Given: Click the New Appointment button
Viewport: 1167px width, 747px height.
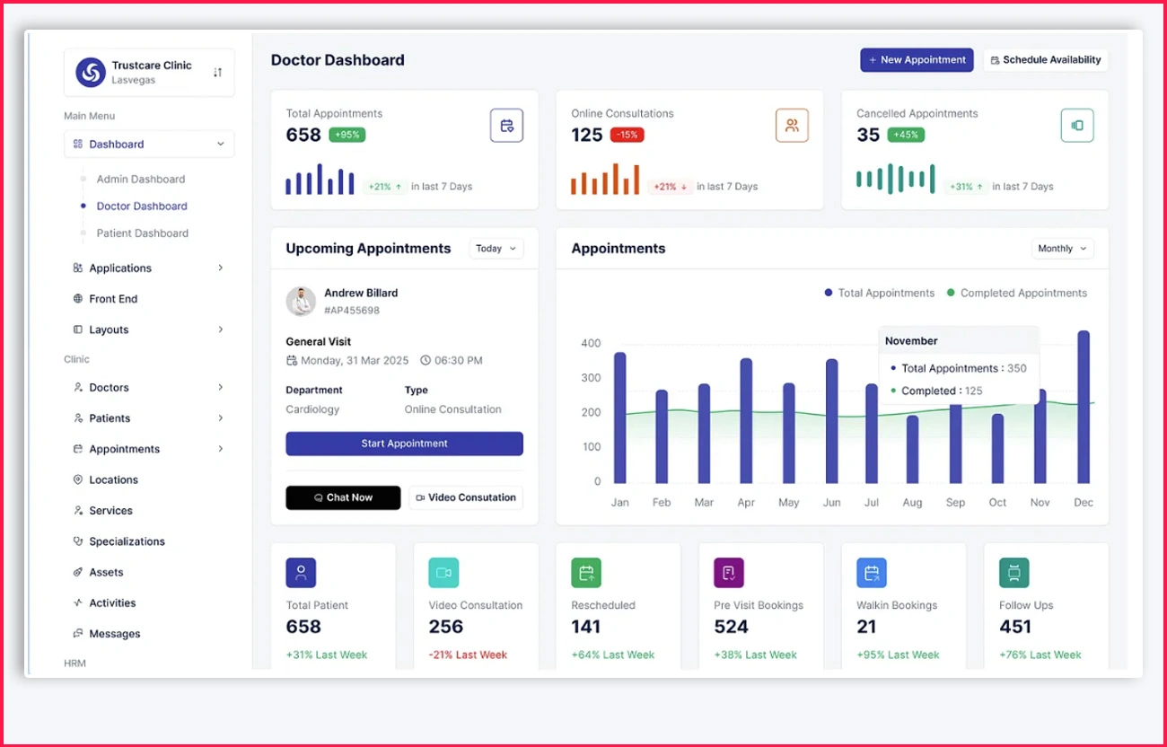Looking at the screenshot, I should coord(917,60).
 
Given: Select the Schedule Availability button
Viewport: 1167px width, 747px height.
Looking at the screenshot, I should coord(1046,60).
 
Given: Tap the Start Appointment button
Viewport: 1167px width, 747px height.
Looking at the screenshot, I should coord(404,444).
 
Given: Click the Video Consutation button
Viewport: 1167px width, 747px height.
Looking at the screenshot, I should coord(466,497).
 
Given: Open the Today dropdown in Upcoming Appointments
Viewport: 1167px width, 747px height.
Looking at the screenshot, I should coord(496,249).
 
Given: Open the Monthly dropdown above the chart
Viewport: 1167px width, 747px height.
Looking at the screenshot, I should coord(1062,249).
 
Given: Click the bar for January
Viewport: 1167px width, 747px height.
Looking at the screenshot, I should coord(619,417).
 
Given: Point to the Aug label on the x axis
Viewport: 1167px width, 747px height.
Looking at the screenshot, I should coord(912,503).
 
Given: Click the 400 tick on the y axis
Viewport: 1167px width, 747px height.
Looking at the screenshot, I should coord(591,343).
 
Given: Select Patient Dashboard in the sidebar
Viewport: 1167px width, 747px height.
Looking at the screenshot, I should coord(142,233).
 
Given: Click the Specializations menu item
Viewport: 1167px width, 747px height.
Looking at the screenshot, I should coord(127,541).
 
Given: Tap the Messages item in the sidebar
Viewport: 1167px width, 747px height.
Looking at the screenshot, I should coord(114,634).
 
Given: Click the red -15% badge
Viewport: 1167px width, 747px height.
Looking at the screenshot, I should coord(627,136).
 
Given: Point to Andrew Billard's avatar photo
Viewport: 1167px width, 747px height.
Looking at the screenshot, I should coord(301,302).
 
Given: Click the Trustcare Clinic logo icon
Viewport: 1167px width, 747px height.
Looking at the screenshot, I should coord(91,72).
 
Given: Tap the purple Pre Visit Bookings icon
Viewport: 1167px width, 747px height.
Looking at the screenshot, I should coord(729,573).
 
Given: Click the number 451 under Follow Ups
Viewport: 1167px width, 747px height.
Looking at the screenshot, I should coord(1015,627).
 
